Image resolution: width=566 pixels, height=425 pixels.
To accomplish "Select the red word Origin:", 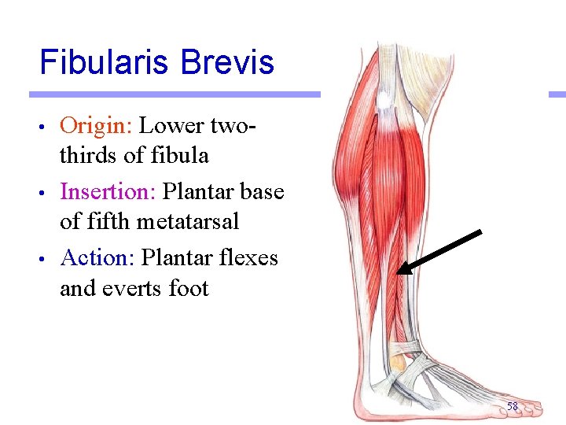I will (x=97, y=126).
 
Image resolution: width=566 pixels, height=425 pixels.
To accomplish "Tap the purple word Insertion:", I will (x=108, y=192).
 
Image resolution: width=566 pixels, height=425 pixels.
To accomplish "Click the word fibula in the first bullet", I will (x=182, y=156).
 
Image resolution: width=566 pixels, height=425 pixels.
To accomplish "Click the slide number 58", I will (x=512, y=406).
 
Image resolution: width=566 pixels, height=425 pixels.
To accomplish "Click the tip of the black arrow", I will (x=399, y=272).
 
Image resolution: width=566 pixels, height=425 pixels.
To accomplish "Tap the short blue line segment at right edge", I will (x=557, y=94).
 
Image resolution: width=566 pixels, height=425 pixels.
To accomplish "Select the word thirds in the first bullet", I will (x=89, y=156).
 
